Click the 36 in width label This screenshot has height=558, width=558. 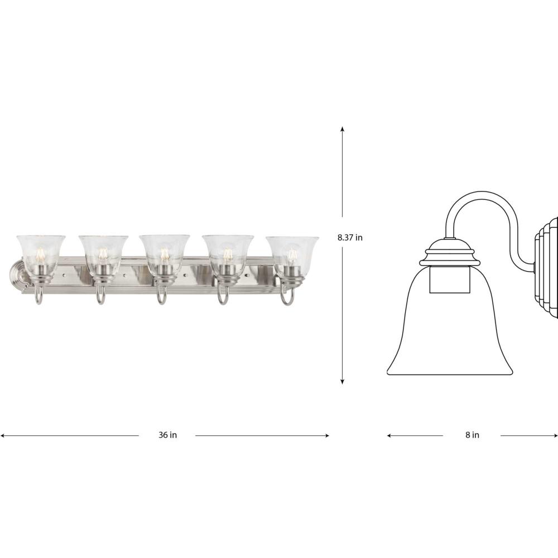pos(167,435)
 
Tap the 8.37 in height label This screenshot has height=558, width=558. pos(350,238)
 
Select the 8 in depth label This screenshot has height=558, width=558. pos(472,435)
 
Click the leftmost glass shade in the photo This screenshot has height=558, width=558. pos(41,253)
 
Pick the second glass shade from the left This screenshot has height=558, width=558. pos(103,253)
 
